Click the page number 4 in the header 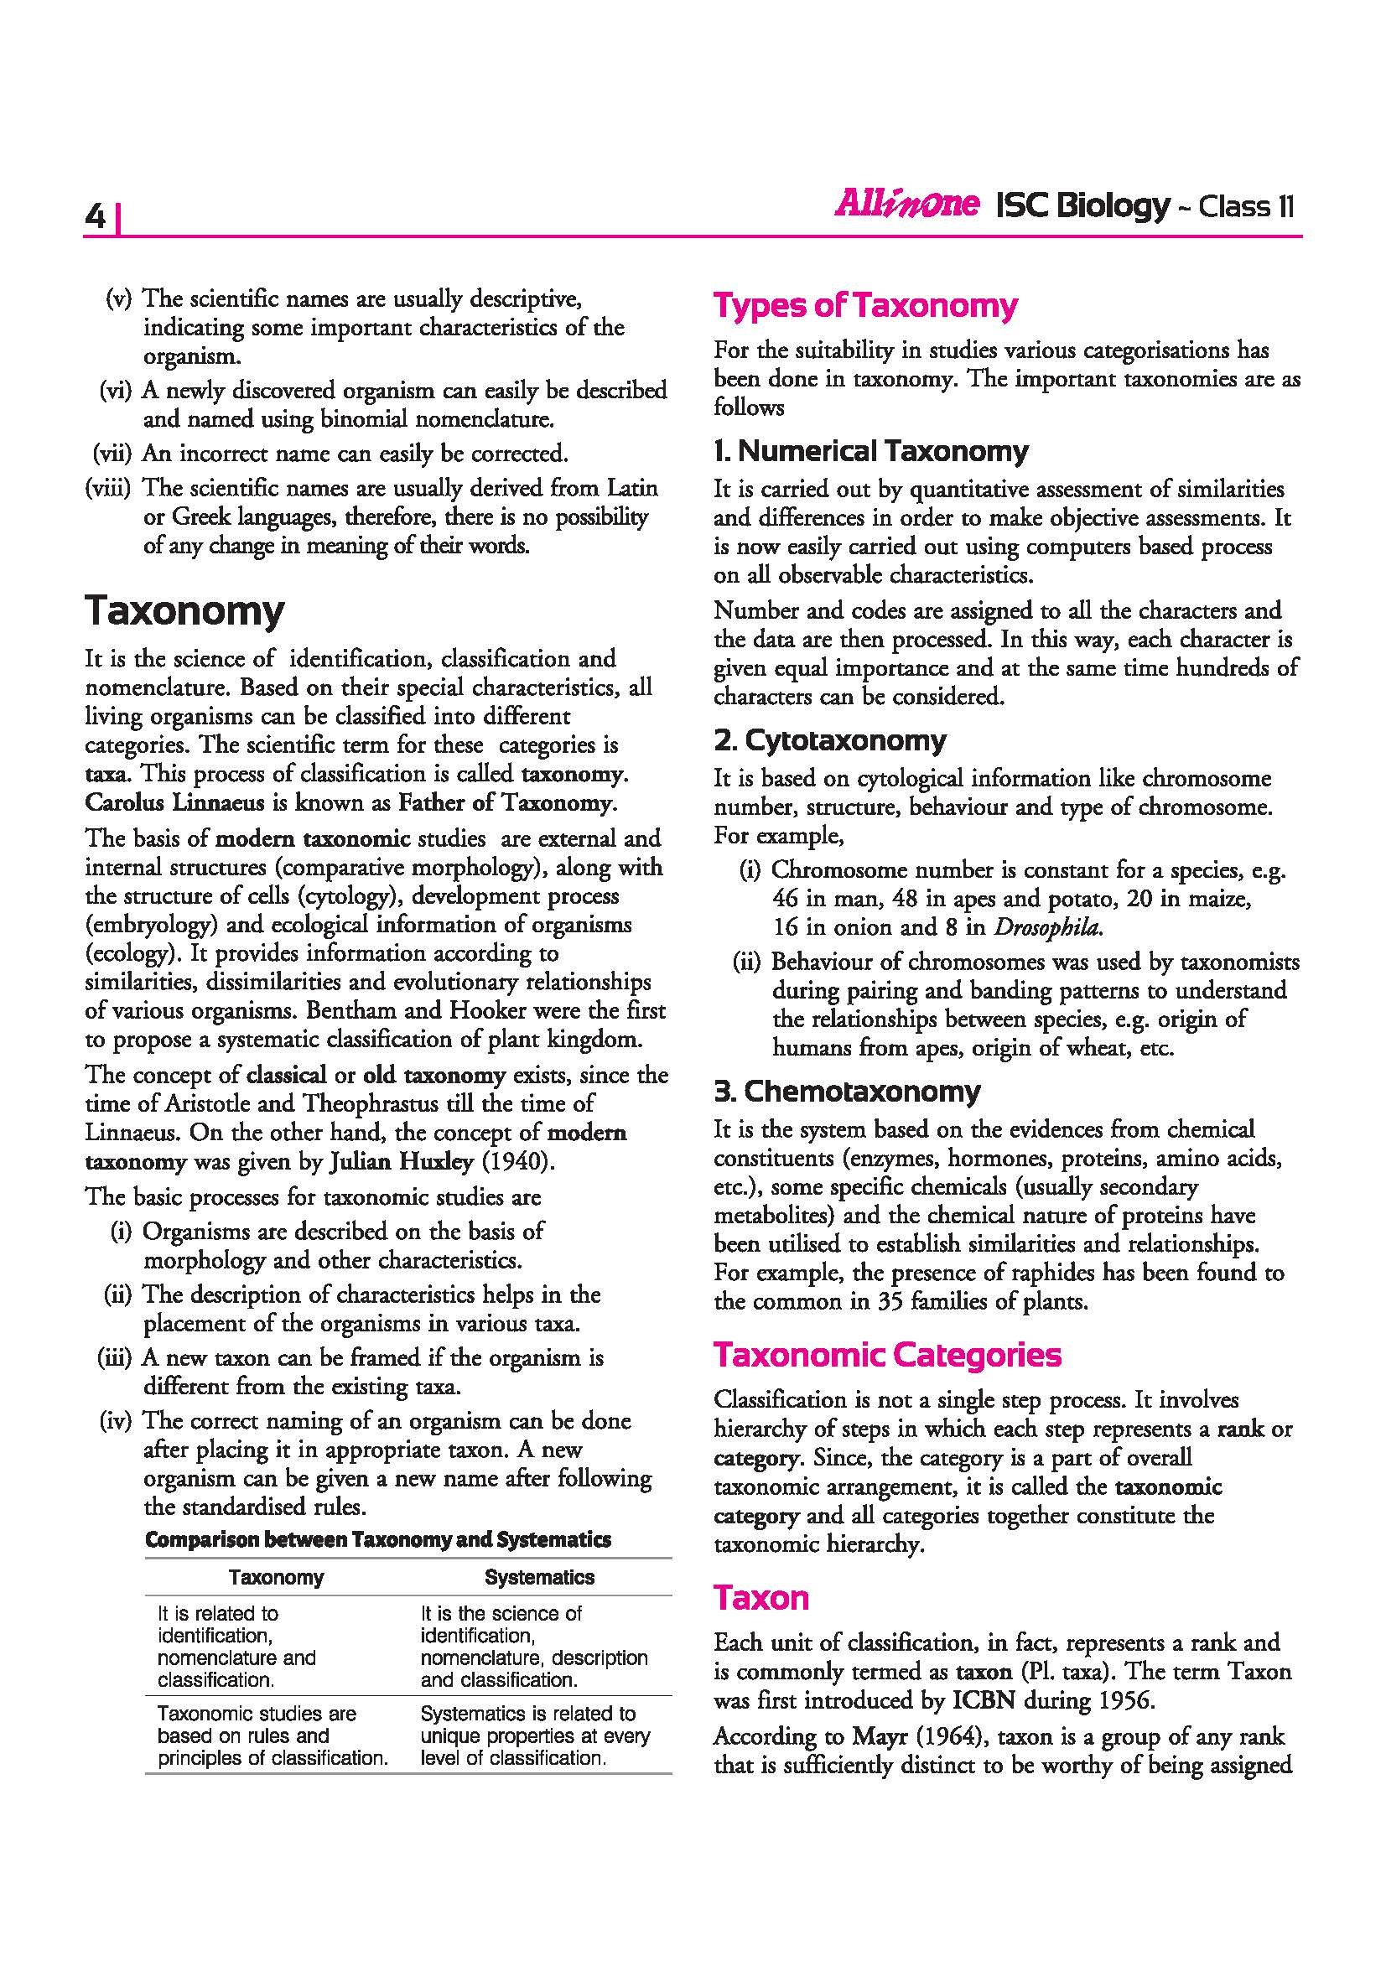(x=96, y=218)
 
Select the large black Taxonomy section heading (x=184, y=611)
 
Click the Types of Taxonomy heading (x=865, y=306)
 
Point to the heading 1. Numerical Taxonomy (x=871, y=450)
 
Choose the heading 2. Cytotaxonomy (x=830, y=739)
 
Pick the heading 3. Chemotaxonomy (x=847, y=1091)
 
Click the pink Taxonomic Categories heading (x=887, y=1355)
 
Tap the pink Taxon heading (x=760, y=1597)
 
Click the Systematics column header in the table (x=539, y=1577)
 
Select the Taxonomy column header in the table (x=276, y=1577)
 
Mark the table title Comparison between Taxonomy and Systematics (x=377, y=1539)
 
